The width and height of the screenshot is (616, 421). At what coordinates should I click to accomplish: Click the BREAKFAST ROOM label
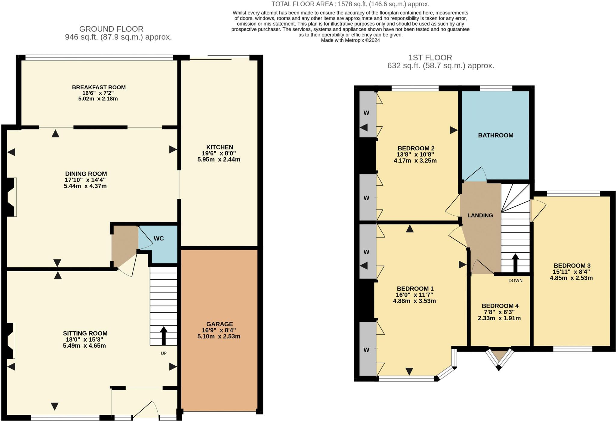pos(99,88)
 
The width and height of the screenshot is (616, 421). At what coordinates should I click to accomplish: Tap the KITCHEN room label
pos(220,147)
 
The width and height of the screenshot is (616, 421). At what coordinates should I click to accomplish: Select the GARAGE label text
pos(220,324)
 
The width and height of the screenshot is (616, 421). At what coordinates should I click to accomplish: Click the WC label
pos(159,238)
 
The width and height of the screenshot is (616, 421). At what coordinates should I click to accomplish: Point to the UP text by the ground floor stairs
pos(164,353)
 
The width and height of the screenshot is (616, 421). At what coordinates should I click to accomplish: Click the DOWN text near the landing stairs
pos(515,281)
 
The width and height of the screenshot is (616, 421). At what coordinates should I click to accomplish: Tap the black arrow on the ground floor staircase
pos(164,335)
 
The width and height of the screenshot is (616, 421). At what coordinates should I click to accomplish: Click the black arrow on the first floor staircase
pos(515,262)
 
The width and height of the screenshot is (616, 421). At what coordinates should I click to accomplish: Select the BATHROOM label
pos(495,135)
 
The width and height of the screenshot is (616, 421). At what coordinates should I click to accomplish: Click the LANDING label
pos(480,215)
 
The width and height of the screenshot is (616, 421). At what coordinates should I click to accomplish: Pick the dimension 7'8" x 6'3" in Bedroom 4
pos(499,312)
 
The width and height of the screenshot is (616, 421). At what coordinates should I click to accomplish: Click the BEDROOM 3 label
pos(572,266)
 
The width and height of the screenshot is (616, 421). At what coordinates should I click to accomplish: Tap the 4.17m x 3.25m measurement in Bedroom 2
pos(415,161)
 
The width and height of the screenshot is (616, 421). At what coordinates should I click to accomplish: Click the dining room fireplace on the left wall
pos(11,197)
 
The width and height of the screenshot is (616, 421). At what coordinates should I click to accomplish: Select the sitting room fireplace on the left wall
pos(10,340)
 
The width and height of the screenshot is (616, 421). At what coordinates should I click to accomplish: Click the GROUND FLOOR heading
pos(111,29)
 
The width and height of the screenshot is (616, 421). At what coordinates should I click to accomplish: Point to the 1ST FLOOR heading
pos(430,57)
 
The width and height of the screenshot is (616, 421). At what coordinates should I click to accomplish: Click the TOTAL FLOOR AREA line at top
pos(350,4)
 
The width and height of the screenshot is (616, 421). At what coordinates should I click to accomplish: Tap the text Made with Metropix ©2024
pos(350,40)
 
